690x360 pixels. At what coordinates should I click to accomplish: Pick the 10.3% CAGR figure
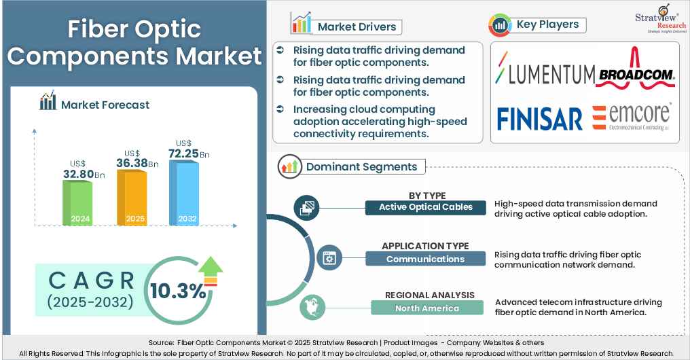pyautogui.click(x=178, y=291)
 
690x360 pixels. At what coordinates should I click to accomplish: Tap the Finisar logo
pyautogui.click(x=540, y=118)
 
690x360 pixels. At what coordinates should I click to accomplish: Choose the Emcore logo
pyautogui.click(x=632, y=116)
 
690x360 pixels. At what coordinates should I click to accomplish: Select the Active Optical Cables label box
pyautogui.click(x=425, y=207)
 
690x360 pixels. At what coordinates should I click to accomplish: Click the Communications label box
pyautogui.click(x=425, y=259)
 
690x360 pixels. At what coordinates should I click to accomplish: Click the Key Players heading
pyautogui.click(x=547, y=24)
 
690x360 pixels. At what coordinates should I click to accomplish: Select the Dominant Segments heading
pyautogui.click(x=361, y=166)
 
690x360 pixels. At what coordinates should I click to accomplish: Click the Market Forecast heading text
pyautogui.click(x=105, y=105)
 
